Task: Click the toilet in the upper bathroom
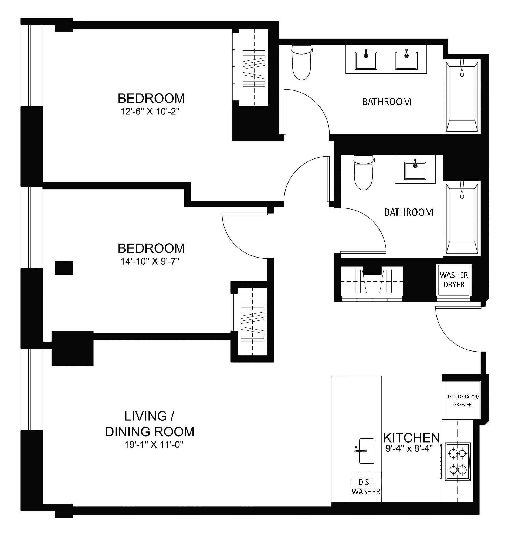(x=301, y=63)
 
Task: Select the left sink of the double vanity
(x=366, y=60)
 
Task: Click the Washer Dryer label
(x=454, y=279)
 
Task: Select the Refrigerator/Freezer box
(x=463, y=400)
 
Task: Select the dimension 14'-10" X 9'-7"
(x=150, y=262)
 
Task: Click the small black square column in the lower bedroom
(x=64, y=268)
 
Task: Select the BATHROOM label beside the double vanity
(x=386, y=102)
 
